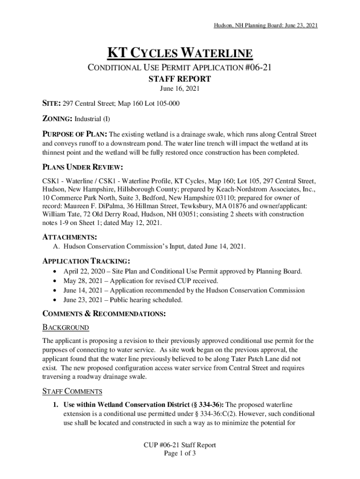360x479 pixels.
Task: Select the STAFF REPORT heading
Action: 180,79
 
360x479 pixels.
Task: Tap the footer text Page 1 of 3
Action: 180,453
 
